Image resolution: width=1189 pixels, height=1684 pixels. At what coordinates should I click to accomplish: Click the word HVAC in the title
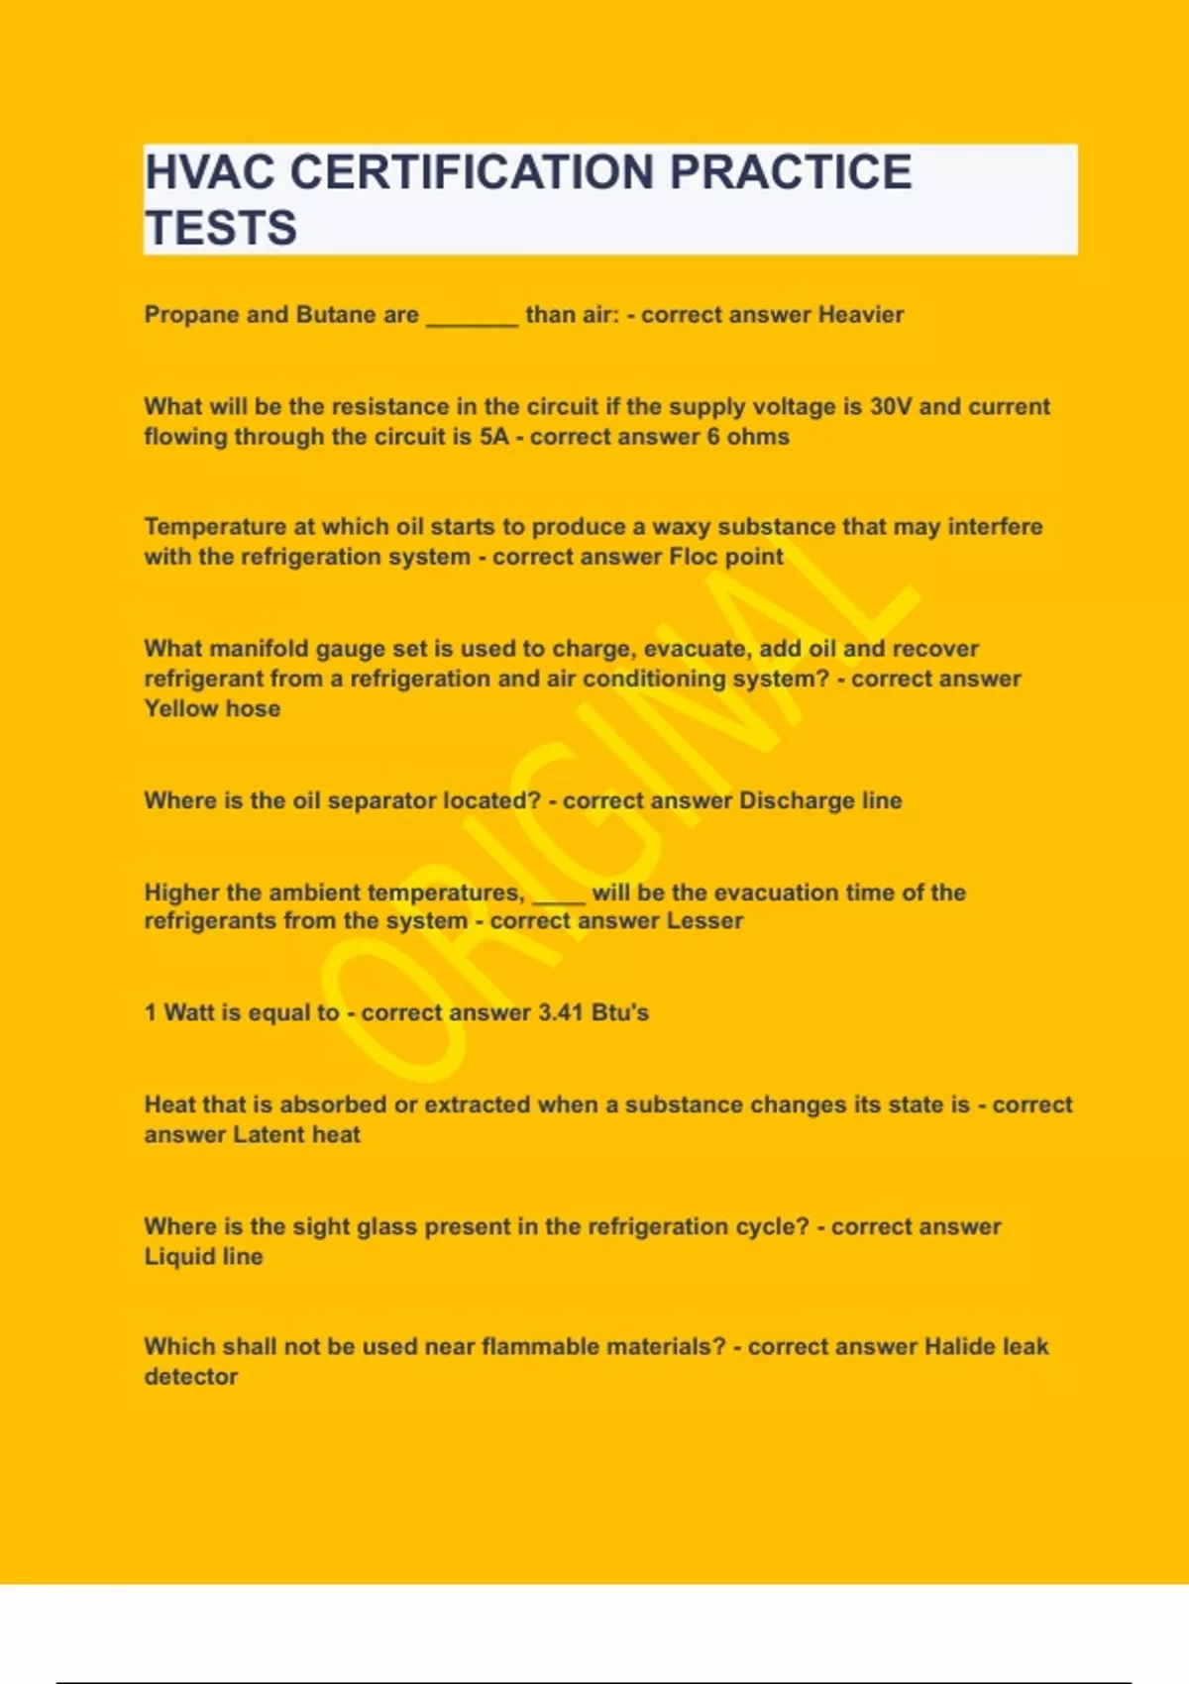[209, 172]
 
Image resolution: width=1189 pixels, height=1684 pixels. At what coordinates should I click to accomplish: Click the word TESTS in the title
[221, 228]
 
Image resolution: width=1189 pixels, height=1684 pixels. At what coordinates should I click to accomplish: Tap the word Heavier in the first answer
[860, 315]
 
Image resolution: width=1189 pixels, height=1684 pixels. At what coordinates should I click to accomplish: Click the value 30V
[891, 407]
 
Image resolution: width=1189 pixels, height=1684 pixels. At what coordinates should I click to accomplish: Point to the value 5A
[493, 437]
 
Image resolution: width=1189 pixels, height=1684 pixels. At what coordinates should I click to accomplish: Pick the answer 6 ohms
[748, 437]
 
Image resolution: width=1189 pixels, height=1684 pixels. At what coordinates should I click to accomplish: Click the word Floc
[694, 557]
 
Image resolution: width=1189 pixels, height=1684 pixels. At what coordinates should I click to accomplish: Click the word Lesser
[703, 921]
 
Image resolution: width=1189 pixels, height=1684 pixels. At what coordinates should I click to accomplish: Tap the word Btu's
[620, 1013]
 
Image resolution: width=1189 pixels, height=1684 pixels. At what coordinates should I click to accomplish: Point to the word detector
[191, 1377]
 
